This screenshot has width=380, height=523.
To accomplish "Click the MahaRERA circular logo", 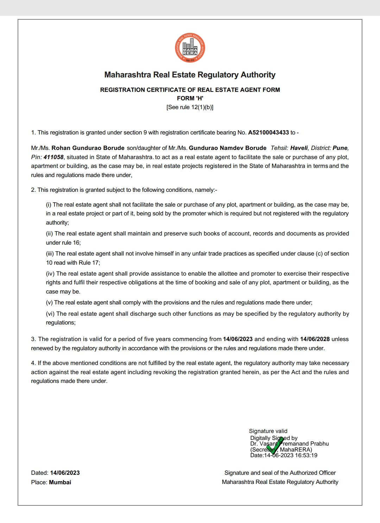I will click(x=190, y=48).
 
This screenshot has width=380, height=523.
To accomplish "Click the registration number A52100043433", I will click(x=268, y=133).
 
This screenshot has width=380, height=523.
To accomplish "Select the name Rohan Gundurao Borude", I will click(x=88, y=148).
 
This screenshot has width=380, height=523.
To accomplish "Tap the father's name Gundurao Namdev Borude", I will click(x=228, y=148).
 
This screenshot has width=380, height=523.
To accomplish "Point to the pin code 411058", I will click(x=53, y=157).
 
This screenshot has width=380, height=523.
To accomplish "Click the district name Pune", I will click(x=340, y=148).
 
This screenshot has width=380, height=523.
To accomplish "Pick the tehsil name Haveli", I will click(x=299, y=148).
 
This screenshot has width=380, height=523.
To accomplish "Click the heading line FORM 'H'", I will click(x=190, y=98).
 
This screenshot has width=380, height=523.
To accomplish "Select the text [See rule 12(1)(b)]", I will click(x=190, y=107).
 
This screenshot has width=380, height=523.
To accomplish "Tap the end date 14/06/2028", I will click(x=315, y=339).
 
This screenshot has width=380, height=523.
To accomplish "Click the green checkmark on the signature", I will click(x=275, y=446).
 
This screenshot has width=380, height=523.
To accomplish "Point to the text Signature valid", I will click(x=268, y=431).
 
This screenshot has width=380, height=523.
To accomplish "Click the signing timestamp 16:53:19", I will click(x=306, y=455).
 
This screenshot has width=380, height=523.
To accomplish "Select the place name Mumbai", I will click(x=60, y=482).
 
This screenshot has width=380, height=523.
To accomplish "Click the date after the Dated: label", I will click(x=65, y=473).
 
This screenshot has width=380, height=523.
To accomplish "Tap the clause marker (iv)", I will click(x=50, y=274).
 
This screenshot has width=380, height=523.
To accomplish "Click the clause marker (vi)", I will click(x=50, y=314).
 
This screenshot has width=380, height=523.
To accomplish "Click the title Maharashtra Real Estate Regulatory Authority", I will click(x=190, y=75).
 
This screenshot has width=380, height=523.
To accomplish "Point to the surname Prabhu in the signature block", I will click(x=320, y=444).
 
